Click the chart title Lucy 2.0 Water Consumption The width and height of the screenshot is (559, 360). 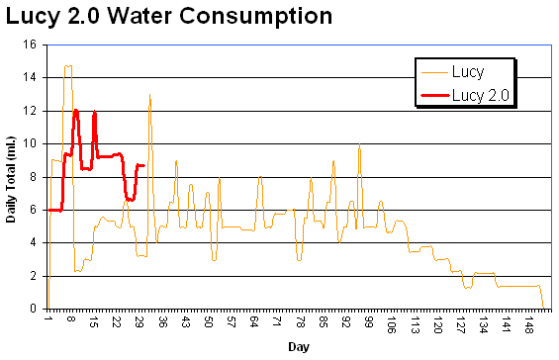(x=167, y=17)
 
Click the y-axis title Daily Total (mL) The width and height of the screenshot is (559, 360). (x=12, y=176)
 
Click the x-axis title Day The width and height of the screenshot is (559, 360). (x=297, y=347)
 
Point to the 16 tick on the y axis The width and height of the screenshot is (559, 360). (x=31, y=45)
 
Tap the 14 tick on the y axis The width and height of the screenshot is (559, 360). (x=31, y=77)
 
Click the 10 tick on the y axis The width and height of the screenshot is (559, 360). (x=31, y=143)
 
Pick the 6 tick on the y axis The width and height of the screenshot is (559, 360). (x=34, y=210)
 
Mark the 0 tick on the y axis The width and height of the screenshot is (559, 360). (x=34, y=309)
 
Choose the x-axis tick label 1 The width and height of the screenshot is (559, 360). (x=47, y=321)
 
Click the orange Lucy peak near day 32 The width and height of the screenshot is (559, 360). (x=149, y=95)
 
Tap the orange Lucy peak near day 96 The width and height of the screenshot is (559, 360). (x=359, y=145)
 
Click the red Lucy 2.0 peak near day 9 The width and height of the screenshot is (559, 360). (x=75, y=110)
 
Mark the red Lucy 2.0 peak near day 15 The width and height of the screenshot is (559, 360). (x=94, y=112)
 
